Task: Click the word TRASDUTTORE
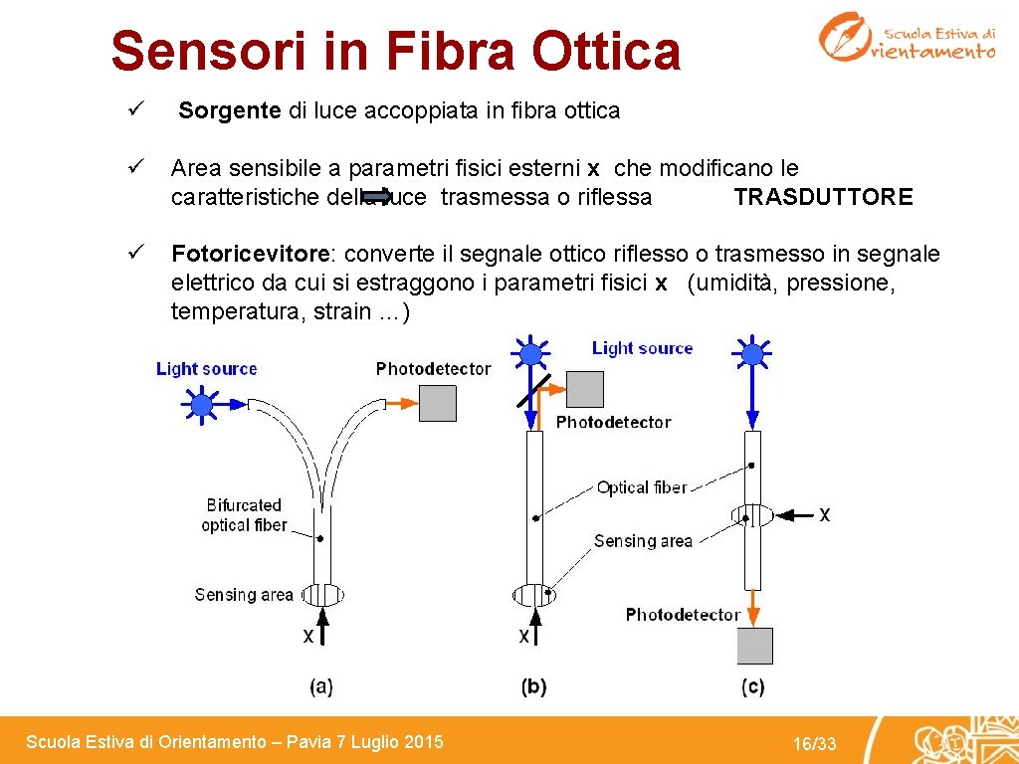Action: (x=823, y=197)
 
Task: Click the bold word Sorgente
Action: (x=230, y=110)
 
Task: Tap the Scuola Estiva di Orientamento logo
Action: (x=906, y=37)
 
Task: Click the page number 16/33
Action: (x=814, y=744)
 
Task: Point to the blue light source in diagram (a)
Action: (x=203, y=404)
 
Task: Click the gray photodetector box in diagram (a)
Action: (x=438, y=402)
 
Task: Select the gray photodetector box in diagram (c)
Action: (x=754, y=646)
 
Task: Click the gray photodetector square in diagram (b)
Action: (x=584, y=389)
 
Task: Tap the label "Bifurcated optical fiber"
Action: (x=244, y=515)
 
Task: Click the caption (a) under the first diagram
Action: (x=320, y=685)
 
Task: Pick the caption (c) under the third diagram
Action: (x=753, y=685)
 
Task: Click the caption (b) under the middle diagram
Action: (x=533, y=685)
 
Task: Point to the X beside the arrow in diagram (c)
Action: (x=824, y=514)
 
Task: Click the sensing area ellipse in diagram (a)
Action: (x=321, y=595)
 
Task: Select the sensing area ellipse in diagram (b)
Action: (x=533, y=595)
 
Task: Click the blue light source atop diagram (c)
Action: (x=753, y=353)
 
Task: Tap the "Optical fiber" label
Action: (x=642, y=487)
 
